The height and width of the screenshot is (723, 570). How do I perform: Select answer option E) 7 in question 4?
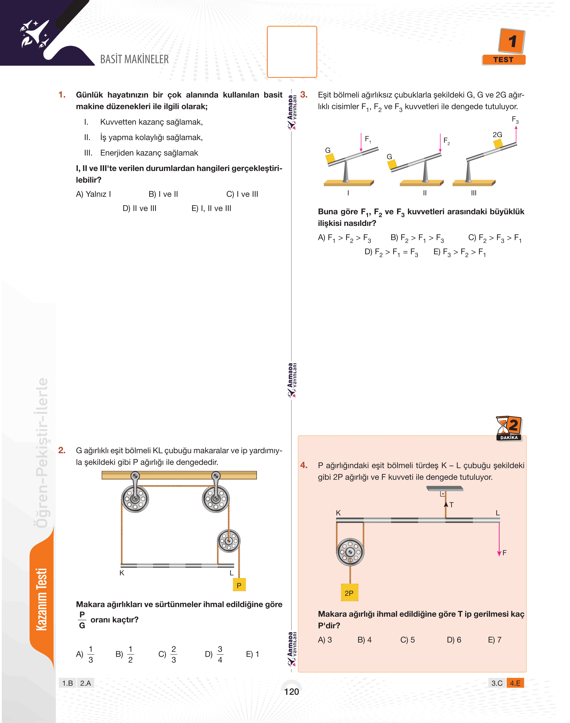pyautogui.click(x=495, y=640)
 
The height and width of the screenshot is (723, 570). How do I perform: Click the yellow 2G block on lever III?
pyautogui.click(x=498, y=144)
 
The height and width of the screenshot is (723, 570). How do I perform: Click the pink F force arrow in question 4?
pyautogui.click(x=499, y=539)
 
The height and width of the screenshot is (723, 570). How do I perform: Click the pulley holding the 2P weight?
pyautogui.click(x=350, y=552)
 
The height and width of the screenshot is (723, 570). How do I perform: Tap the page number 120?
pyautogui.click(x=292, y=692)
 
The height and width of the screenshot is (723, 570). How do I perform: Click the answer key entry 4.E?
pyautogui.click(x=515, y=683)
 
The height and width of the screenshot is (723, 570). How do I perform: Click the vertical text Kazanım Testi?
pyautogui.click(x=42, y=599)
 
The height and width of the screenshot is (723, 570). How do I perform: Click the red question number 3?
pyautogui.click(x=304, y=95)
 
